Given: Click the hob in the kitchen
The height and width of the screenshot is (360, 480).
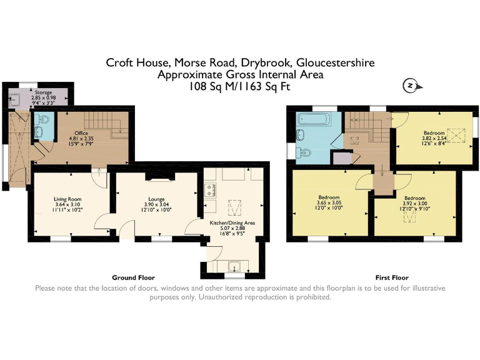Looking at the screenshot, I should (x=209, y=188).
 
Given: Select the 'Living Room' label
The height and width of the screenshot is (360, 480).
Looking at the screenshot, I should (x=67, y=199).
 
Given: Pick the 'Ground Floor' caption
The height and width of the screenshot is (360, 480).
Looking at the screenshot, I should (x=133, y=277).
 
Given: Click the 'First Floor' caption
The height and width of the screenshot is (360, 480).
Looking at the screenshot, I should (x=391, y=277).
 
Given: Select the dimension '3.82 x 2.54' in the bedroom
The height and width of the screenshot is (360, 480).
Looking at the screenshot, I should (x=434, y=139).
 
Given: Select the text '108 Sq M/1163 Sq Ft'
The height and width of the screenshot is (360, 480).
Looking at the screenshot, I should (x=240, y=87).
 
